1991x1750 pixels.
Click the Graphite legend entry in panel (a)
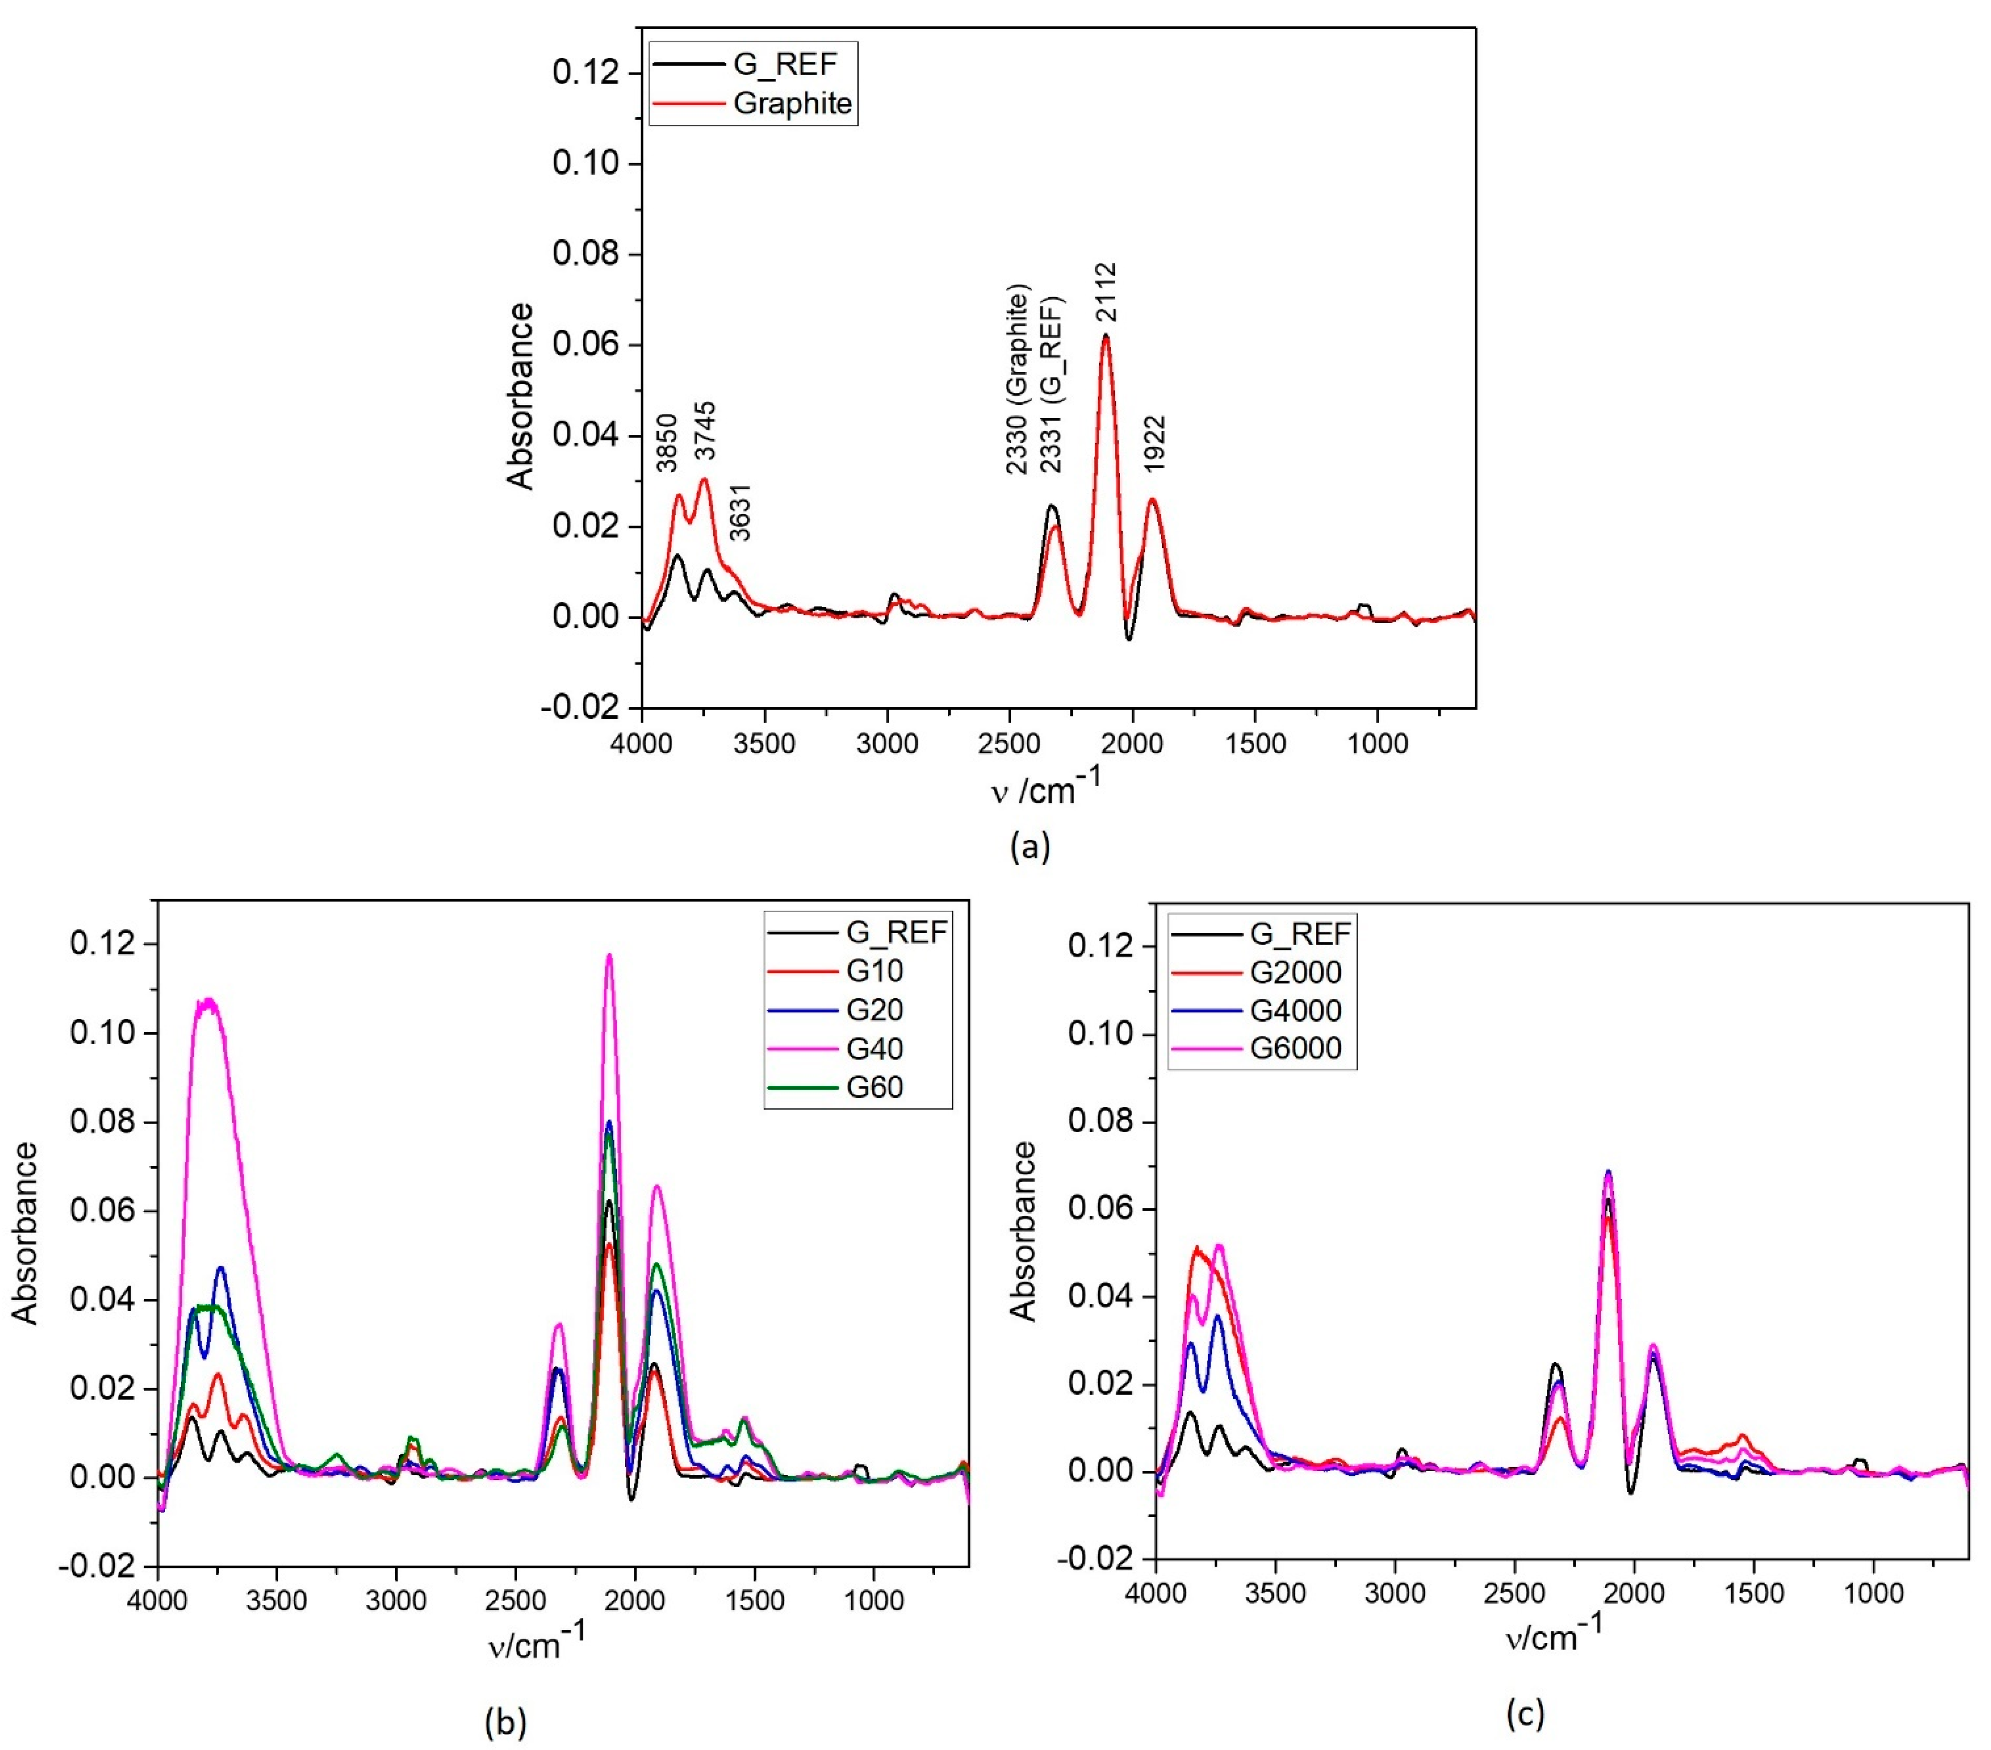pyautogui.click(x=791, y=103)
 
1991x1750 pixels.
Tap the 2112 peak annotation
pyautogui.click(x=1106, y=292)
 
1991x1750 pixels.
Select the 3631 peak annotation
pyautogui.click(x=740, y=513)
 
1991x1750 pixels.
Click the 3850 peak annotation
pyautogui.click(x=666, y=443)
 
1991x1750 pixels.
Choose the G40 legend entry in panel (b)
pyautogui.click(x=874, y=1048)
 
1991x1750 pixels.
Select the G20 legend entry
pyautogui.click(x=874, y=1009)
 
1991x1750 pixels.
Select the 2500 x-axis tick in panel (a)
pyautogui.click(x=1010, y=744)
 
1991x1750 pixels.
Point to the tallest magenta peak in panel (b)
pyautogui.click(x=610, y=957)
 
